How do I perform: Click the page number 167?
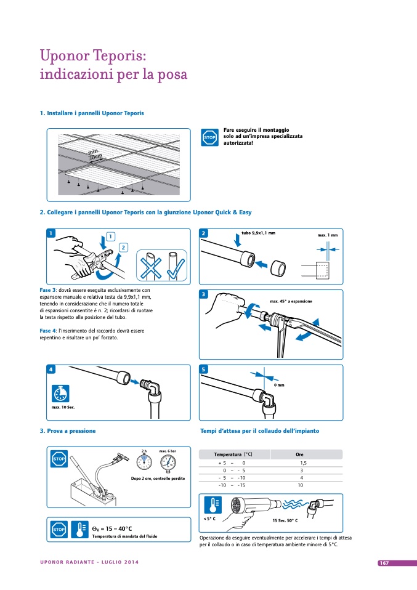[x=383, y=563]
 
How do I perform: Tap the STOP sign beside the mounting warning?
[x=209, y=137]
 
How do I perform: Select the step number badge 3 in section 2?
[x=204, y=295]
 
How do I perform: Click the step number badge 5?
[x=204, y=369]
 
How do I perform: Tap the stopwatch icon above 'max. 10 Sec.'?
[x=60, y=394]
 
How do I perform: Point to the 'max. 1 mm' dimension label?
[x=328, y=235]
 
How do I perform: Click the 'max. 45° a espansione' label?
[x=291, y=301]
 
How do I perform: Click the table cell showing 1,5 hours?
[x=302, y=463]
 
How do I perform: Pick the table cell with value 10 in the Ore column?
[x=300, y=485]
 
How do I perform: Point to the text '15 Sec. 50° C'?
[x=285, y=521]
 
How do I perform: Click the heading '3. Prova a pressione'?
[x=68, y=431]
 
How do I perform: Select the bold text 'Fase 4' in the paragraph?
[x=48, y=331]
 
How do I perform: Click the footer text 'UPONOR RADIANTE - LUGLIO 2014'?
[x=89, y=563]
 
